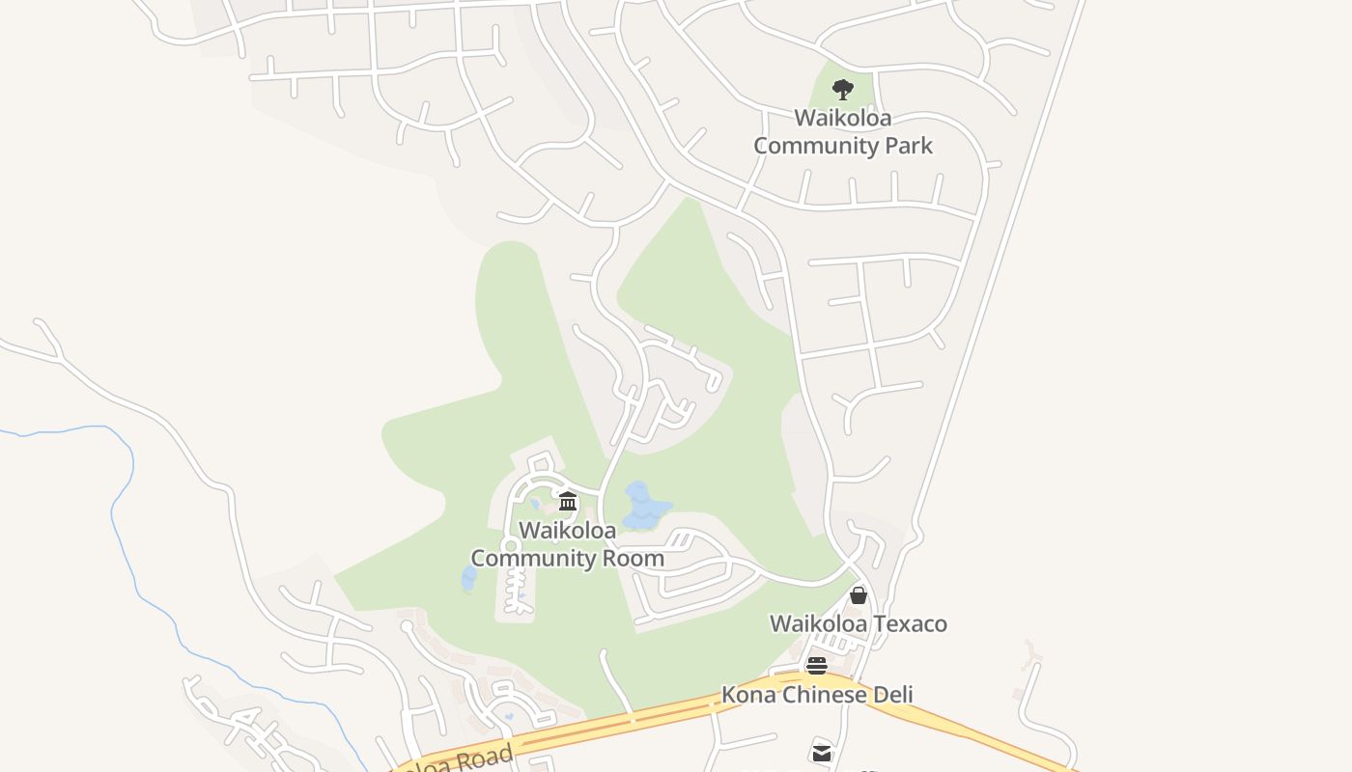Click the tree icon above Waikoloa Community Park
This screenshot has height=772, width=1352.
click(843, 90)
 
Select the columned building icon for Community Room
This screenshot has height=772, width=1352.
click(568, 501)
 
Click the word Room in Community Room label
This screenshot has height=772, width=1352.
click(634, 558)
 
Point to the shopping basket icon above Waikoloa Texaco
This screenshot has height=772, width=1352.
click(859, 595)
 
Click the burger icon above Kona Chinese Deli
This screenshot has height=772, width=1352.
click(817, 666)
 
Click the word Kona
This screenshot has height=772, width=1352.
click(747, 695)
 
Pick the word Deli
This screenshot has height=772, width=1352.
click(892, 695)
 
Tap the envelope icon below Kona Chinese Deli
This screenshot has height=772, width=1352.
click(821, 753)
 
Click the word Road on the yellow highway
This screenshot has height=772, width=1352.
click(479, 758)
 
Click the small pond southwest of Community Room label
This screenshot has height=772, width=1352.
click(469, 578)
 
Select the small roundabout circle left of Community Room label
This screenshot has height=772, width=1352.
click(511, 546)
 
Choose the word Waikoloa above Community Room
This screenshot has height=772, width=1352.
click(568, 531)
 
